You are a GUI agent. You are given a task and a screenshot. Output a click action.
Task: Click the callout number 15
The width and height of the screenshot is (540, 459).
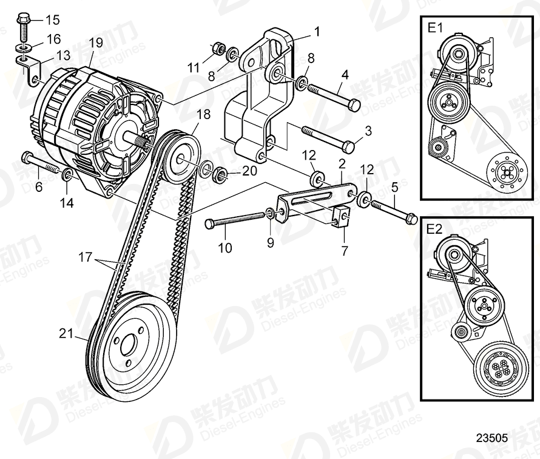53,19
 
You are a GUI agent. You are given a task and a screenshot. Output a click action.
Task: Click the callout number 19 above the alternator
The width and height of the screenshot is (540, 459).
96,42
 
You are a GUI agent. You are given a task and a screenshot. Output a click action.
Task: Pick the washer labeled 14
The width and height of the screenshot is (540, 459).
67,176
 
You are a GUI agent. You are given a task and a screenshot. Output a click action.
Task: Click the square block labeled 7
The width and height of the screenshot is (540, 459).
341,217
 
